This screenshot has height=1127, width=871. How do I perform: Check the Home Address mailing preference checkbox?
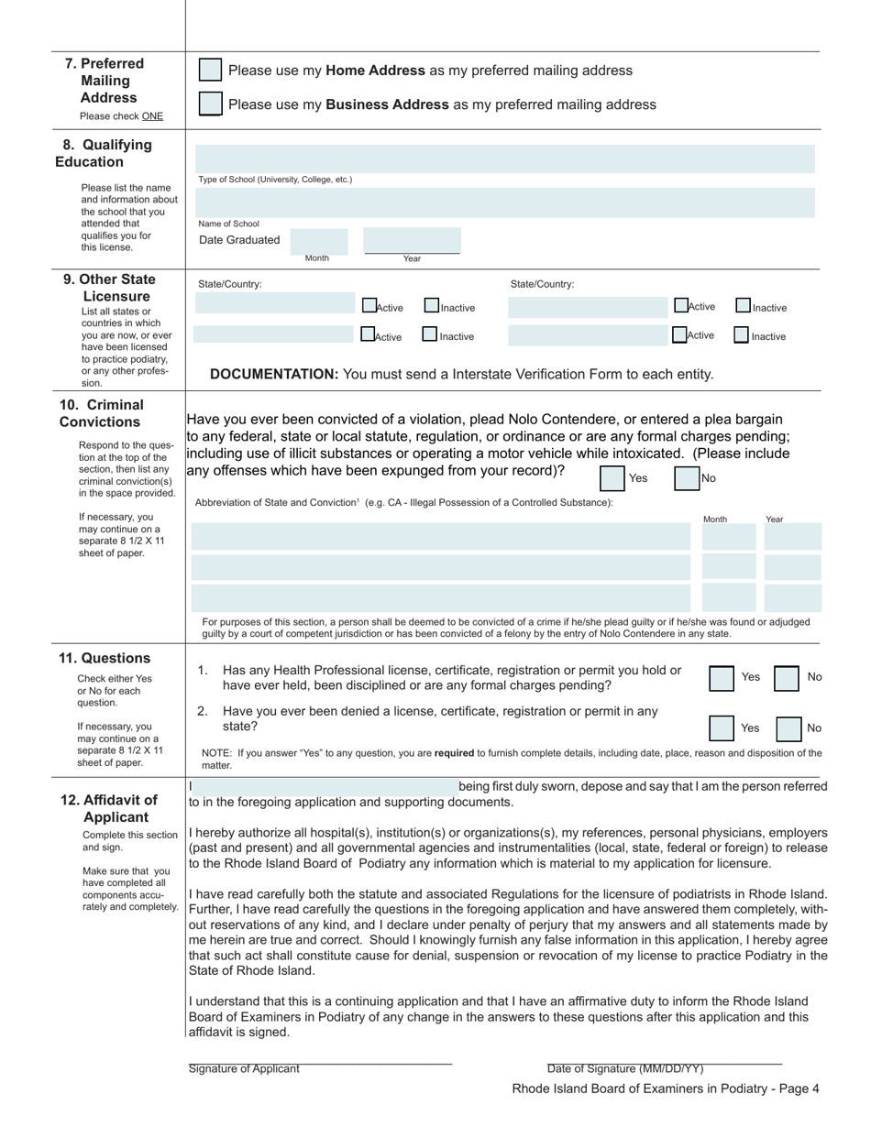tap(210, 71)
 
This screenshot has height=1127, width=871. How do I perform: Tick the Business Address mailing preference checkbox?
tap(210, 104)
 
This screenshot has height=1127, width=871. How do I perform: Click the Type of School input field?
tap(505, 159)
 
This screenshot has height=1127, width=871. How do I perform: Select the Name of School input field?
tap(505, 202)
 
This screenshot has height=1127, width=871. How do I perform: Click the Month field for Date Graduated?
tap(318, 241)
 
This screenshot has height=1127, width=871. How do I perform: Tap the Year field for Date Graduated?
tap(412, 241)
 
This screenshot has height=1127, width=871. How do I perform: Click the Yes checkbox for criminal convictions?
tap(612, 478)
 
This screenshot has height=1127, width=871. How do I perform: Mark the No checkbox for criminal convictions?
tap(687, 478)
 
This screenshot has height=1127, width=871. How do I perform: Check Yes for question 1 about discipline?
tap(722, 678)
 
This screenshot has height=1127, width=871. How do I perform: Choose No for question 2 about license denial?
tap(788, 729)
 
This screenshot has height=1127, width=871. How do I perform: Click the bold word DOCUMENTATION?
tap(274, 374)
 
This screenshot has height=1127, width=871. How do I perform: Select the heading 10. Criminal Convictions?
tap(102, 413)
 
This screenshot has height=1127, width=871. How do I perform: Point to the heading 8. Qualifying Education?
tap(103, 153)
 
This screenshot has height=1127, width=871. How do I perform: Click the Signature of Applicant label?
tap(244, 1068)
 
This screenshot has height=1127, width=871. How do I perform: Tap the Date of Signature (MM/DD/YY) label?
tap(625, 1068)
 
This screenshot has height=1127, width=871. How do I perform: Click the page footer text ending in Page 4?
tap(665, 1089)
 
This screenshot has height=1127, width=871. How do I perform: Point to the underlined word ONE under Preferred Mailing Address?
tap(152, 116)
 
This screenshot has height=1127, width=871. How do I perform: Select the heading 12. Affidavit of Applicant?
tap(110, 808)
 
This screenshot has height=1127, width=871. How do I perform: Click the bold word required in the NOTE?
tap(454, 753)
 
